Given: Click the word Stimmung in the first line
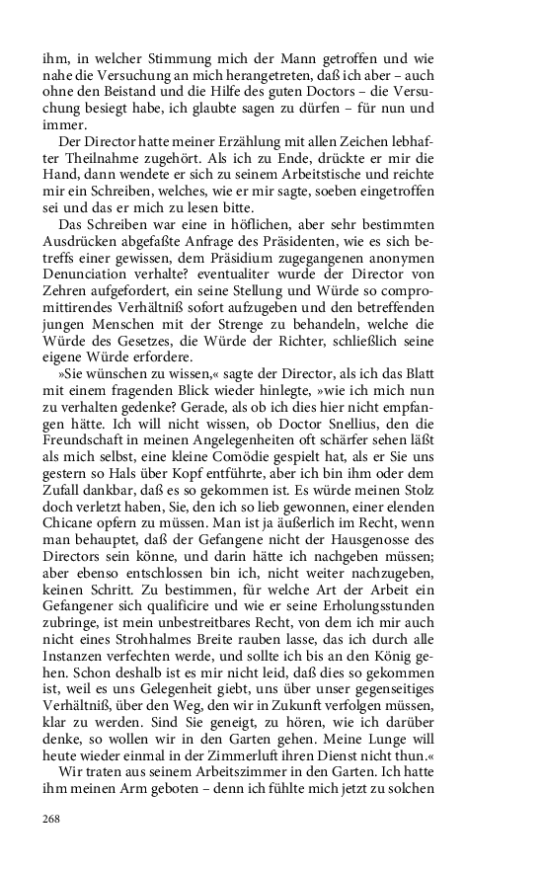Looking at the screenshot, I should (164, 54).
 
